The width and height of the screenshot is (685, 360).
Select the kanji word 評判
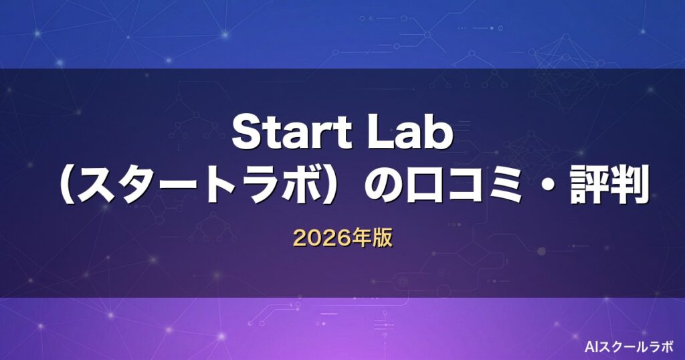click(609, 187)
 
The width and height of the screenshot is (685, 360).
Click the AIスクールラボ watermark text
click(629, 347)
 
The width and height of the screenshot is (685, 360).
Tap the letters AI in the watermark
click(590, 347)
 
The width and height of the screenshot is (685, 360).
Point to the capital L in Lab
click(379, 132)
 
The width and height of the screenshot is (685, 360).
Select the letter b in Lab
click(439, 132)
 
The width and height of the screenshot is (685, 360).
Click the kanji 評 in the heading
click(589, 187)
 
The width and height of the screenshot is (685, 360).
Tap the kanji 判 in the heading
click(629, 187)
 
